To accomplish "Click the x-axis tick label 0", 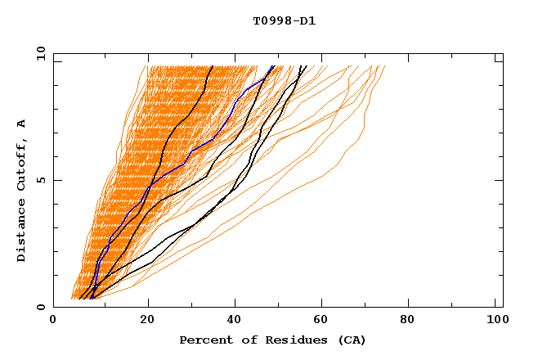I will click(x=53, y=322).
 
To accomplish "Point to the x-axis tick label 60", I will click(x=323, y=322).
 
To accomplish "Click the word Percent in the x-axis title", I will click(x=205, y=340).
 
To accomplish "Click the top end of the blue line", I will click(x=273, y=65).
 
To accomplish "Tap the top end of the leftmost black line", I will click(x=213, y=65).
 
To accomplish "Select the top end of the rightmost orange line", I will click(x=384, y=65).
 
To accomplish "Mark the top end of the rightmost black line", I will click(x=307, y=65).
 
